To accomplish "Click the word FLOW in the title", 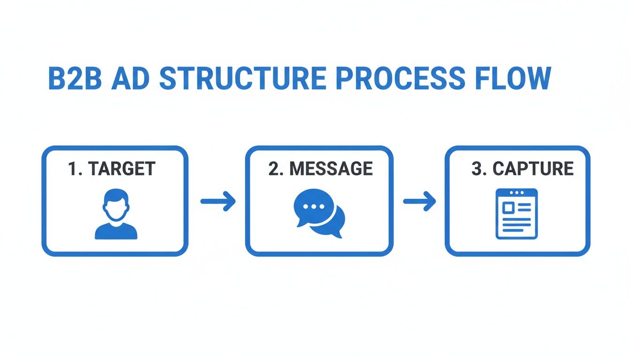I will coord(513,78).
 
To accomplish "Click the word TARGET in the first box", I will coord(122,169).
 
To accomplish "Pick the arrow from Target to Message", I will coord(218,202).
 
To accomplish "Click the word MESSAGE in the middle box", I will coord(331,169).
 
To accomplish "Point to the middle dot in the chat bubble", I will coord(314,207).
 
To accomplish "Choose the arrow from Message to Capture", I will coord(420,202).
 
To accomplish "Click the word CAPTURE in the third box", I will coord(533,169).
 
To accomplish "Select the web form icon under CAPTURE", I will coord(516,214).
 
